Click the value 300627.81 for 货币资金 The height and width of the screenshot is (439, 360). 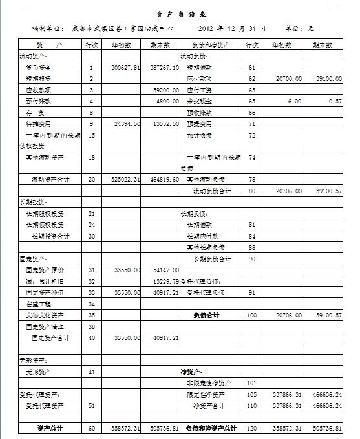click(126, 67)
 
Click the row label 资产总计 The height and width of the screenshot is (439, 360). click(49, 429)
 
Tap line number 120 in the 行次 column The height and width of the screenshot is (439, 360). click(252, 429)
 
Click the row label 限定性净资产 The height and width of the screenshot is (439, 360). click(207, 394)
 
